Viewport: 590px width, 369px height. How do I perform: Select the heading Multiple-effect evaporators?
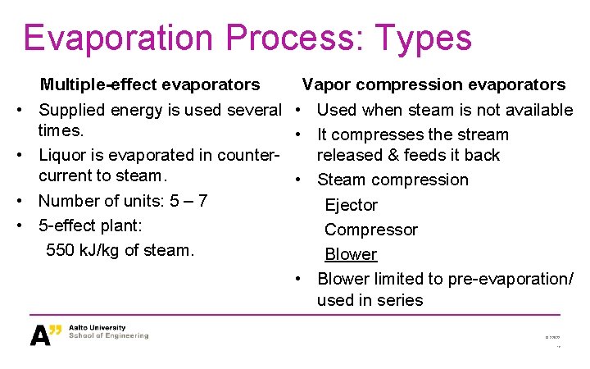pos(150,84)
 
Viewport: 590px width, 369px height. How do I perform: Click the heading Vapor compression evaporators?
pos(433,84)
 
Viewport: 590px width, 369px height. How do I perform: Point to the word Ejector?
pos(351,205)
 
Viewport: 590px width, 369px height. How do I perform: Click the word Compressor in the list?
pos(370,230)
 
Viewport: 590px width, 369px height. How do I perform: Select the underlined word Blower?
pos(351,254)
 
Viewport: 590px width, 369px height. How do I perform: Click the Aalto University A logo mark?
pos(46,335)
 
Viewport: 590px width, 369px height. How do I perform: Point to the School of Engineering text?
pos(109,336)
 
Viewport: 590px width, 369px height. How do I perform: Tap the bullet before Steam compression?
pos(301,180)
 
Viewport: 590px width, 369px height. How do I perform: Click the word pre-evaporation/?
pos(508,279)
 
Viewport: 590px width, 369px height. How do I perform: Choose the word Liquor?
pos(62,155)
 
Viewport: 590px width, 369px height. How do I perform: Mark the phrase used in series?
pos(370,300)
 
